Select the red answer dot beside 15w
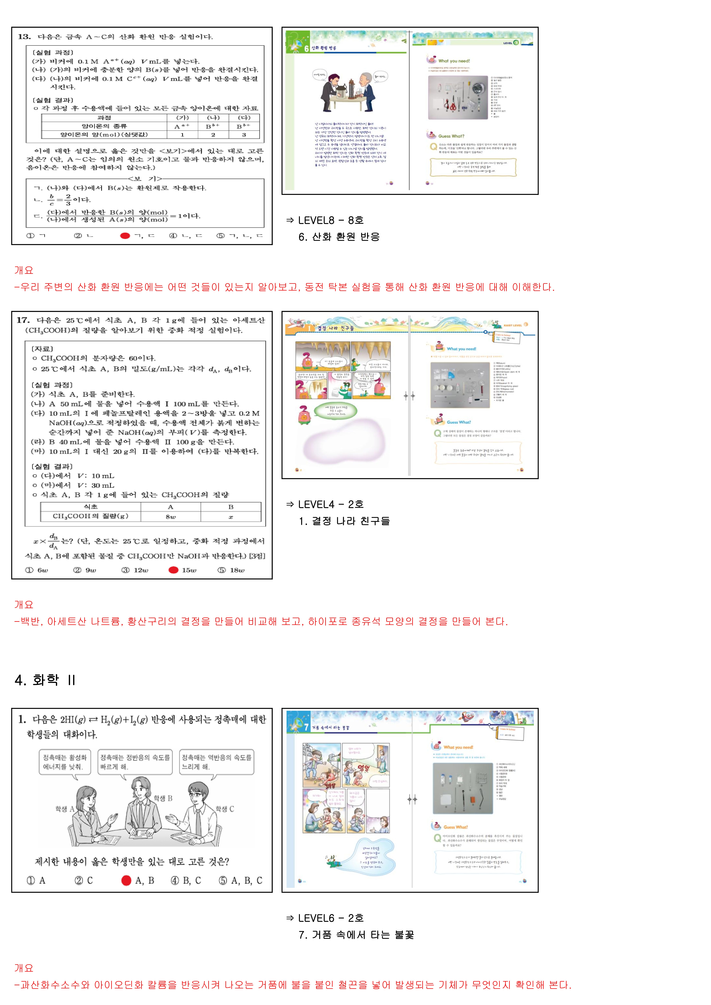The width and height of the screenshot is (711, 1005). point(173,570)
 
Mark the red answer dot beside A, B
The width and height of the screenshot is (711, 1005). point(126,880)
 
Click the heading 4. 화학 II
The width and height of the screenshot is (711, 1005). point(45,680)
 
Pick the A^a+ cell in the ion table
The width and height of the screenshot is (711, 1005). point(182,127)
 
